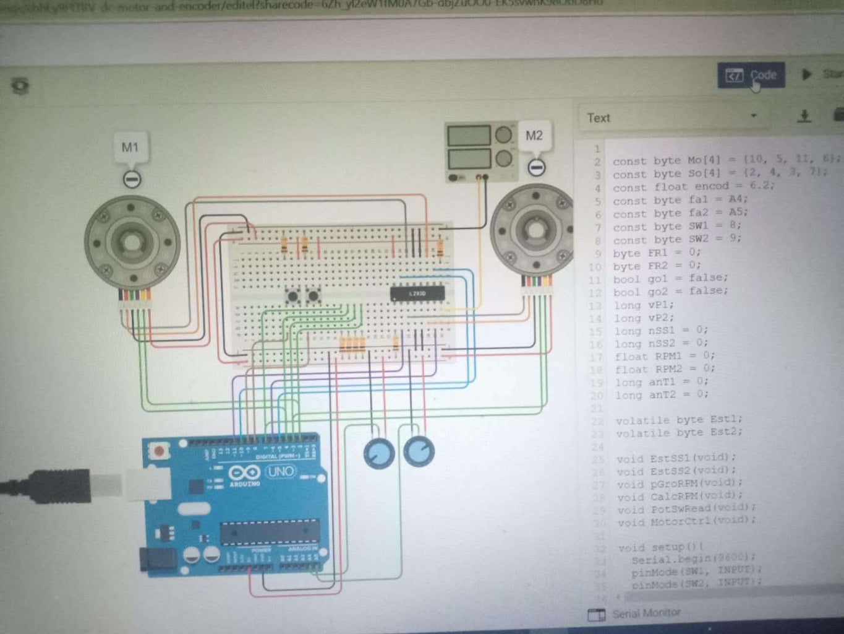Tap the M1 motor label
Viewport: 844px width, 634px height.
pos(130,147)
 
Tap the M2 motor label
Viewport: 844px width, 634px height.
pos(534,136)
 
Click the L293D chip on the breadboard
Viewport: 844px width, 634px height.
pos(417,293)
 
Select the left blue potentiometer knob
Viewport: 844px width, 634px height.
pos(378,453)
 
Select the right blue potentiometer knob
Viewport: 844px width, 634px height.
pos(419,451)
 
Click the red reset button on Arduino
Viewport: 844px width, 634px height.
pos(160,450)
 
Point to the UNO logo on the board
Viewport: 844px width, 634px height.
pos(280,472)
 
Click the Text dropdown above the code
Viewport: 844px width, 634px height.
pos(671,118)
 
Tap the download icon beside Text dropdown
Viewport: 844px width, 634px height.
pos(804,116)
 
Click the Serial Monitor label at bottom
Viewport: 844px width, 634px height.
pos(646,613)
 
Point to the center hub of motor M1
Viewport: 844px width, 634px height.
pos(131,240)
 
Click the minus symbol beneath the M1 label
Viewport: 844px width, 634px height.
pos(132,180)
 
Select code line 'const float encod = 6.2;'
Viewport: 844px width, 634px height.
pos(693,186)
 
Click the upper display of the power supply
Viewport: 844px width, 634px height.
pos(469,136)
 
